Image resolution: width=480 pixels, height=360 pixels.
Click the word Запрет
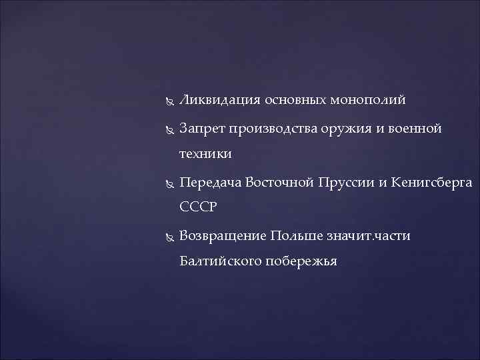pyautogui.click(x=202, y=128)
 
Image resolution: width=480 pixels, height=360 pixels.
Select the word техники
pyautogui.click(x=205, y=154)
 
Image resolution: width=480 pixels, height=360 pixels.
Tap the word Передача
pyautogui.click(x=209, y=182)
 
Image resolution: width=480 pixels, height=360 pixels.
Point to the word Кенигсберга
pyautogui.click(x=431, y=182)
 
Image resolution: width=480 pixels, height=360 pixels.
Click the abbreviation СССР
pyautogui.click(x=199, y=208)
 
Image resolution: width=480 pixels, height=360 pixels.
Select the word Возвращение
pyautogui.click(x=223, y=236)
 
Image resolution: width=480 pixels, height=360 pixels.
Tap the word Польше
pyautogui.click(x=296, y=236)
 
